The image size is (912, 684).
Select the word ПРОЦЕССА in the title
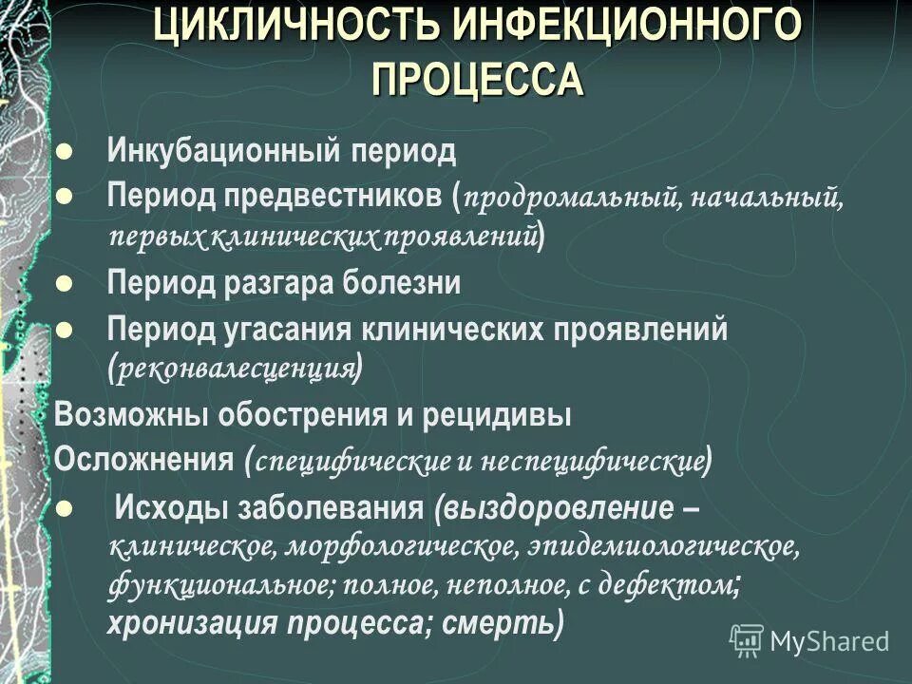[x=477, y=77]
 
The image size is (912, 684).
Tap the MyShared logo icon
[x=746, y=638]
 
